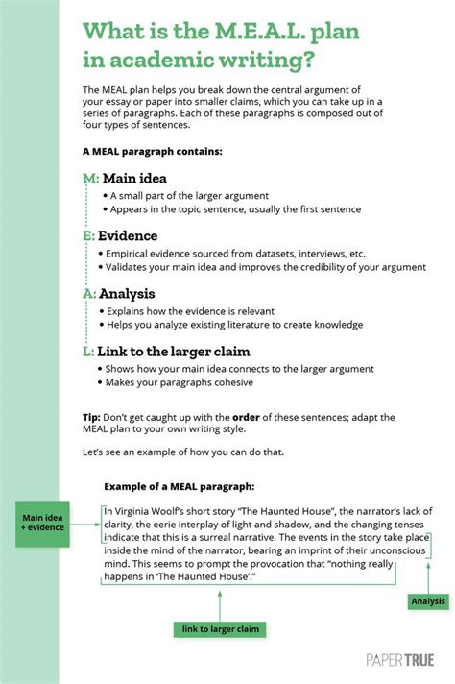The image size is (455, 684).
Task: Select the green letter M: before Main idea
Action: [91, 179]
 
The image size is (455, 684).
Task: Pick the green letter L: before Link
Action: [89, 352]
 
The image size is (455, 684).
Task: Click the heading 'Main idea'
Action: [134, 179]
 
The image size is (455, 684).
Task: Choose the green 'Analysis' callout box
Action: [427, 601]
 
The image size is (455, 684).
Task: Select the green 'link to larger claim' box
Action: [220, 629]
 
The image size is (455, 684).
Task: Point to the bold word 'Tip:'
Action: [93, 419]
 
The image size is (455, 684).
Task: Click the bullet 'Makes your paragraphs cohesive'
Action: [181, 382]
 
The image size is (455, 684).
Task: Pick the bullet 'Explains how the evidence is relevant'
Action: [190, 311]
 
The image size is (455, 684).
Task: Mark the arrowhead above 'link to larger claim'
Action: [220, 595]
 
